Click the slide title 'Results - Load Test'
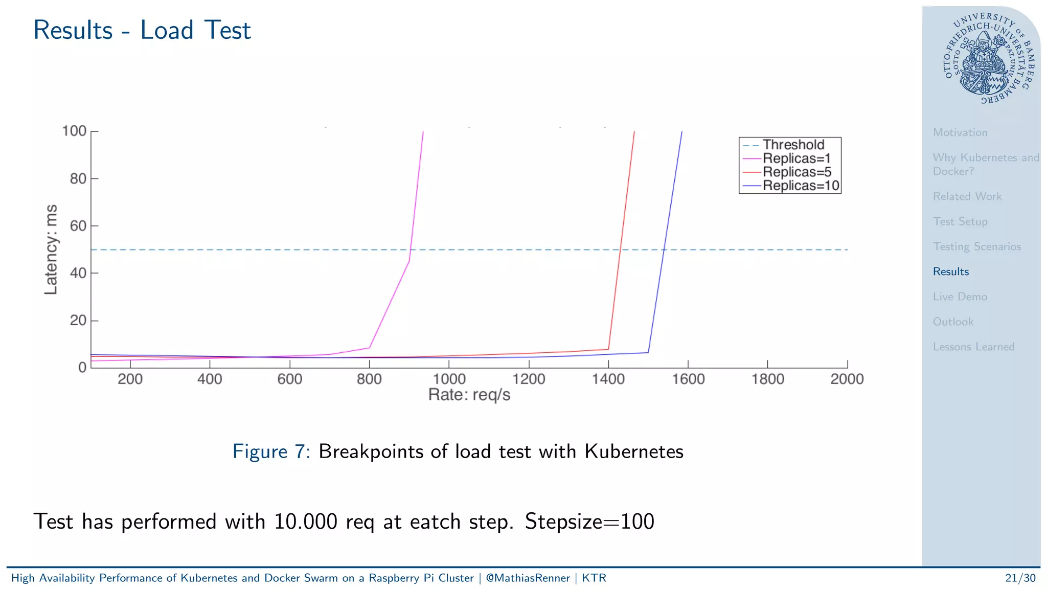pos(142,30)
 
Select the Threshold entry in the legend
pos(793,145)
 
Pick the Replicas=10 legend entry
pos(801,186)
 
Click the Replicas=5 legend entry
pos(796,172)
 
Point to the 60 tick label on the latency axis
pos(78,226)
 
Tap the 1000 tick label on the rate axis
pos(449,379)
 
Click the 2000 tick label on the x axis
pos(847,379)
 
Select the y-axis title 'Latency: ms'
pos(51,250)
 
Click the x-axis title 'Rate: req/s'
pos(469,395)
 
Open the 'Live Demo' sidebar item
pos(960,297)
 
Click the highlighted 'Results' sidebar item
pos(950,271)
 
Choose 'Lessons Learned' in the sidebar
pos(973,347)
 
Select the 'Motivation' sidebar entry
pos(960,132)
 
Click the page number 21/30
pos(1020,578)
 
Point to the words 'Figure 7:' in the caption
pos(271,451)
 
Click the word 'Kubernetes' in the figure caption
pos(633,451)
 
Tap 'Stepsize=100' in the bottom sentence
pos(589,522)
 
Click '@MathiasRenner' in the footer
pos(527,578)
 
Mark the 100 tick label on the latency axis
pos(74,131)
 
